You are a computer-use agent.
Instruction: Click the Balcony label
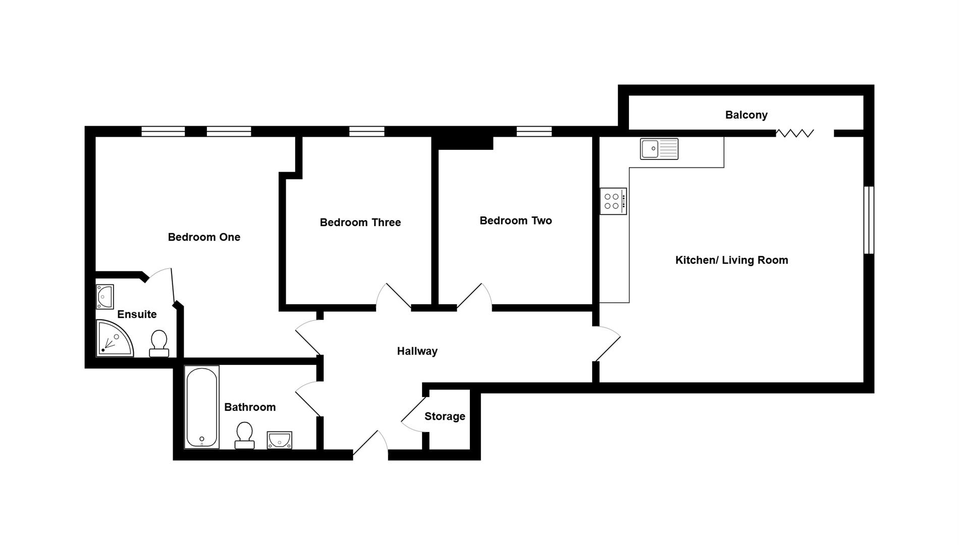pos(746,115)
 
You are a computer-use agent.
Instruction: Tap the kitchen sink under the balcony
pos(659,149)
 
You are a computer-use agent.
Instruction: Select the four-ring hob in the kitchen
pos(613,201)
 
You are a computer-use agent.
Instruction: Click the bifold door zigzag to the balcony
pos(794,133)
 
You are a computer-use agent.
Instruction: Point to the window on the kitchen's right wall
pos(868,220)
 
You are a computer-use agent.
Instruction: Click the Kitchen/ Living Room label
pos(731,260)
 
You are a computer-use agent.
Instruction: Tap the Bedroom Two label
pos(515,221)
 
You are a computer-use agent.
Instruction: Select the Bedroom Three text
pos(360,223)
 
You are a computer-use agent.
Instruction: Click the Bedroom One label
pos(204,237)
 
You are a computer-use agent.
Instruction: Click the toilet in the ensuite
pos(159,344)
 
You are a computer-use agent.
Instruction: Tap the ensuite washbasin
pos(104,297)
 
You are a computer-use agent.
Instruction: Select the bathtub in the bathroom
pos(201,407)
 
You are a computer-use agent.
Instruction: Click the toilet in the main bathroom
pos(244,435)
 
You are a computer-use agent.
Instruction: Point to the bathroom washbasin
pos(279,440)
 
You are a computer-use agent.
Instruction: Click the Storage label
pos(444,417)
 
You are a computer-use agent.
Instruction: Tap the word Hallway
pos(417,351)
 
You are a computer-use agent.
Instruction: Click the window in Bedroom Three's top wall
pos(366,132)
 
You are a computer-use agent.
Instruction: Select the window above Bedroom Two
pos(534,132)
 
